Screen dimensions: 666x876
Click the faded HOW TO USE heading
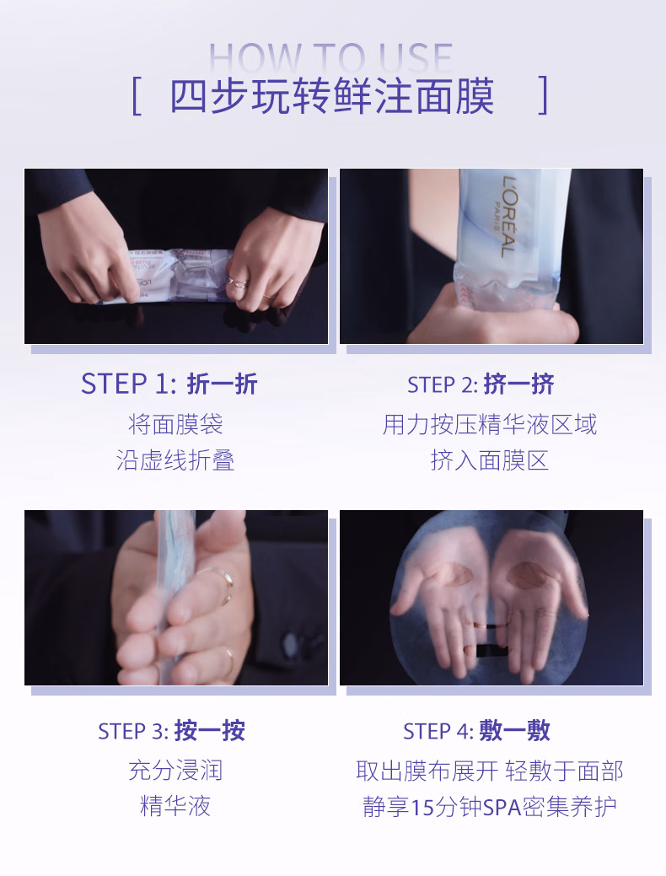point(330,57)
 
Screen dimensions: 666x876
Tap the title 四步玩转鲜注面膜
point(332,96)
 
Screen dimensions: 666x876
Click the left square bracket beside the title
point(137,96)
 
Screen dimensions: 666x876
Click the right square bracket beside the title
point(544,95)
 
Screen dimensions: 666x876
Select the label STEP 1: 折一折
point(169,384)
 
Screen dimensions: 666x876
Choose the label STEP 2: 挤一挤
point(481,384)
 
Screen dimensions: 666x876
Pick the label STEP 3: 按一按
point(171,731)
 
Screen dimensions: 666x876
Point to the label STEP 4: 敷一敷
point(476,731)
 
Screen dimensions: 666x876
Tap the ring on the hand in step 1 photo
point(237,281)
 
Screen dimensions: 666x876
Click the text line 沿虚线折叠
point(175,460)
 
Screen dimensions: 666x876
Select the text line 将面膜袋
point(175,425)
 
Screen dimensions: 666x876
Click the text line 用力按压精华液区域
point(490,425)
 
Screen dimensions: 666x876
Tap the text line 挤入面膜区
point(490,460)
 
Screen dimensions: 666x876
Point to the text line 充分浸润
point(175,771)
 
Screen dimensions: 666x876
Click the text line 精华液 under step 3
point(175,806)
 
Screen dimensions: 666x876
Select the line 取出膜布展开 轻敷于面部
point(490,771)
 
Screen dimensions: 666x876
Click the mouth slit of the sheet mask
point(486,650)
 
